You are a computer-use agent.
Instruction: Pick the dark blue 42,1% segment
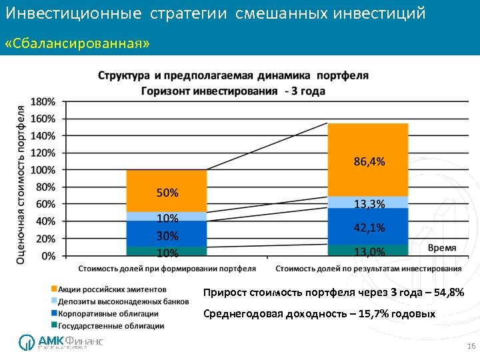click(367, 227)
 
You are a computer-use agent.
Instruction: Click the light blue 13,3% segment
click(367, 202)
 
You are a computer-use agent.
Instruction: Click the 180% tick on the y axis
click(43, 101)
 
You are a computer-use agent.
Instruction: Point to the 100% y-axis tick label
click(43, 170)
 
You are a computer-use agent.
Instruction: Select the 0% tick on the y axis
click(48, 255)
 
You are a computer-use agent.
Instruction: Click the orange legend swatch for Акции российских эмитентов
click(53, 289)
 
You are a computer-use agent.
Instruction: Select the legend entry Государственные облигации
click(111, 326)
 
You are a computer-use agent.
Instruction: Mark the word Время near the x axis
click(441, 247)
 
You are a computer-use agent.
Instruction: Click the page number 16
click(471, 347)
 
